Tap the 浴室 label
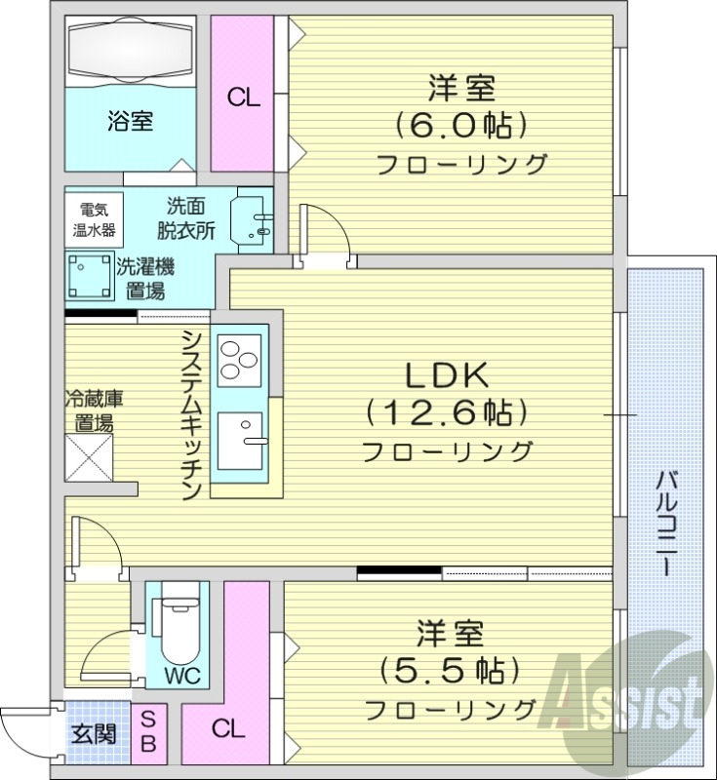[x=130, y=122]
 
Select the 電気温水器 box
[x=96, y=217]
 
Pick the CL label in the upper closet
[x=243, y=97]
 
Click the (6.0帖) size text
[x=460, y=125]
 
